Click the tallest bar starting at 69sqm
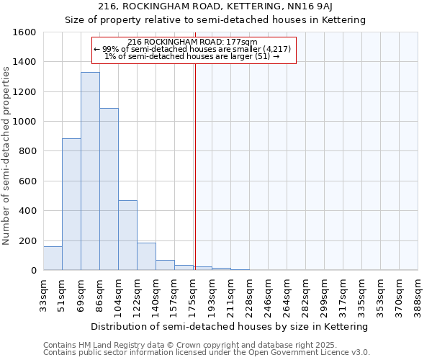click(x=90, y=171)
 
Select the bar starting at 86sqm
click(x=109, y=189)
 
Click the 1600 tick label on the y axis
click(x=24, y=32)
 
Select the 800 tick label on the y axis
click(x=27, y=151)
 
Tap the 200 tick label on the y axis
click(x=27, y=240)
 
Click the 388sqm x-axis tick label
click(x=418, y=293)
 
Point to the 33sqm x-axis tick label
click(x=44, y=293)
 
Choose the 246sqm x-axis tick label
click(x=269, y=293)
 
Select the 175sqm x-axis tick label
click(x=194, y=293)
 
